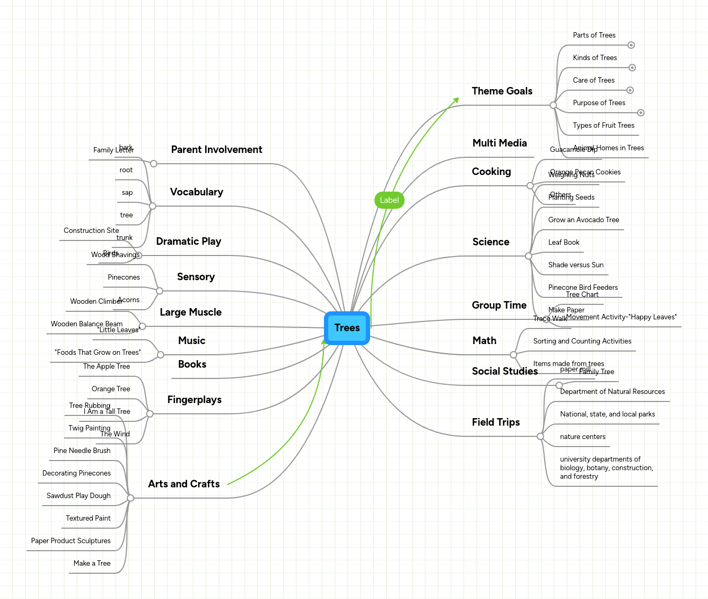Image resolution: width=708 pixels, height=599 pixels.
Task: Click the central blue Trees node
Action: [347, 328]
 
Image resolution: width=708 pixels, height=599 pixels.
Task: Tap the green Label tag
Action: [389, 200]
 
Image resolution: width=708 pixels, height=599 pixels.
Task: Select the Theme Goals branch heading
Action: [502, 91]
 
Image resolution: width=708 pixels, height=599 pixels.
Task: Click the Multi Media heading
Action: [499, 143]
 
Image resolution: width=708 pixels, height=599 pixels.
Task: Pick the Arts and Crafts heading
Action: [184, 484]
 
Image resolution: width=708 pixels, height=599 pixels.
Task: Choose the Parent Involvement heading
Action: [216, 150]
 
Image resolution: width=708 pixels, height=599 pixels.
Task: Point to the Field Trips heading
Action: [495, 422]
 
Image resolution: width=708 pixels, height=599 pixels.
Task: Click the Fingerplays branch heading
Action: [194, 400]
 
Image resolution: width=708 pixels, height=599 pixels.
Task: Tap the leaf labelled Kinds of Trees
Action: [595, 58]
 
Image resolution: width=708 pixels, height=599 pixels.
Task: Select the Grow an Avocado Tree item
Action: [583, 220]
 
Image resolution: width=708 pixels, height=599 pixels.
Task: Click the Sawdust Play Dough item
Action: [78, 496]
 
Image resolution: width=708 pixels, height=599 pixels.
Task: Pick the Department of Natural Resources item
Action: [612, 392]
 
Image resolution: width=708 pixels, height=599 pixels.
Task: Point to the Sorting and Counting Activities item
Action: [582, 341]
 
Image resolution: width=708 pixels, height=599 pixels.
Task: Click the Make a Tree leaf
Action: [92, 564]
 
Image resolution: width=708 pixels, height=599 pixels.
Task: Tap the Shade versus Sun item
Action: [575, 265]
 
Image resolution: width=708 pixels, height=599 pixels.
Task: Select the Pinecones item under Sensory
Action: [124, 277]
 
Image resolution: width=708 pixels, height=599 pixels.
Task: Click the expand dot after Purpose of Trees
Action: [640, 113]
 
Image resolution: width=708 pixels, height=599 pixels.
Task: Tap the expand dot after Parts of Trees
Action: [631, 45]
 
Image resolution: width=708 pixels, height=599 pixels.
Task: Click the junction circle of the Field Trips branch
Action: [540, 436]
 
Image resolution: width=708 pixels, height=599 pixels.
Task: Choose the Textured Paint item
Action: [88, 518]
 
